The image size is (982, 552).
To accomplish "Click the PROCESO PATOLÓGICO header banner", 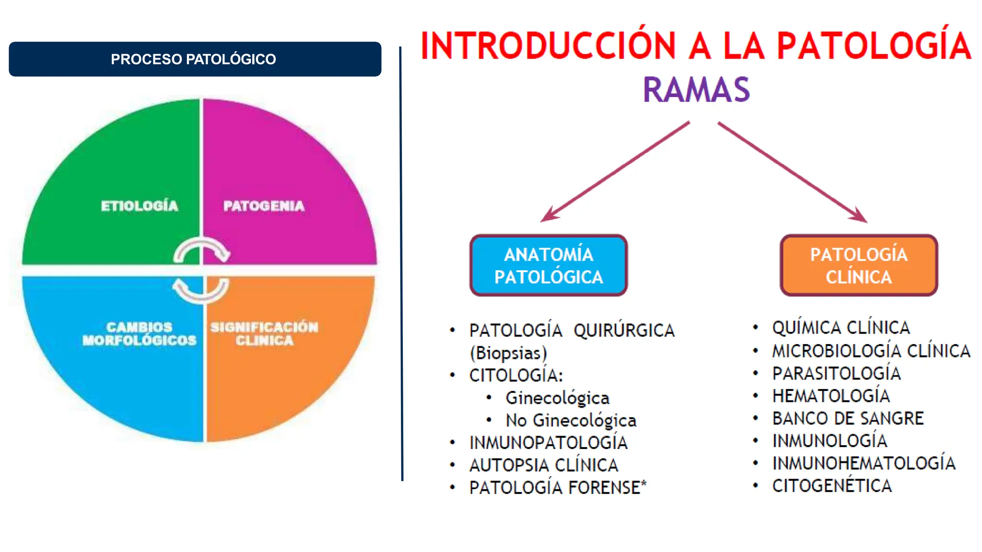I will tap(195, 59).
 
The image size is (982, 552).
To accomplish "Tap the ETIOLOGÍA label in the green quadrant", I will tap(139, 206).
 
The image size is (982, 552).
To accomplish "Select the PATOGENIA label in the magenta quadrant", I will tap(264, 206).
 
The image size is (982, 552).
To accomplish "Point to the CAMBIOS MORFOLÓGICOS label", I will tap(139, 333).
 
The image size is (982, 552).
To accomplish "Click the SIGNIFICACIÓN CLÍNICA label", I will tap(264, 333).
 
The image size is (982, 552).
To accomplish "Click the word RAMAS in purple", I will tap(696, 90).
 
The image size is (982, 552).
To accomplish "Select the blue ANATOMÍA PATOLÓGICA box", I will tap(549, 265).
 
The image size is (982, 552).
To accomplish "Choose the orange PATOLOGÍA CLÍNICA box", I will tap(859, 265).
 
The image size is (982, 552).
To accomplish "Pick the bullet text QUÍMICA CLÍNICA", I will tap(841, 328).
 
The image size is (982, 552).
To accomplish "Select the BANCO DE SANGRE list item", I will tap(848, 418).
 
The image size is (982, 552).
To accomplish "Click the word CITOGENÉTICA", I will tap(832, 486).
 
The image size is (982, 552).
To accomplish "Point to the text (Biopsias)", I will tap(508, 353).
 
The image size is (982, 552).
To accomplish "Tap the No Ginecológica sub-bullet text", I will tap(571, 420).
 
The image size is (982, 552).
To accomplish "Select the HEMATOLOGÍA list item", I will tap(831, 396).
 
